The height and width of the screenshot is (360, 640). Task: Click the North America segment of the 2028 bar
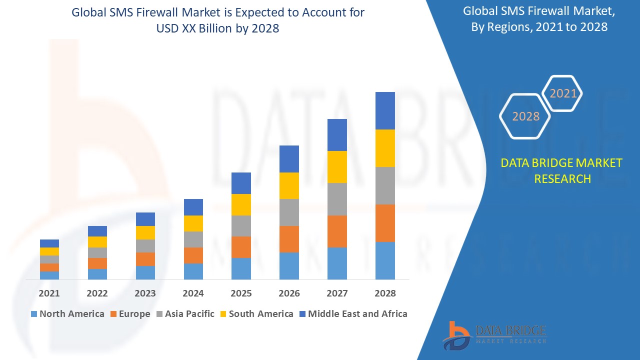click(x=385, y=260)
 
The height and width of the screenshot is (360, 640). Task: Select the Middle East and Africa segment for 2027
click(x=337, y=135)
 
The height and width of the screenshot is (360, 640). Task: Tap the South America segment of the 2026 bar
click(x=289, y=185)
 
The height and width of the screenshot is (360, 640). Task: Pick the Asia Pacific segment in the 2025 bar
click(x=241, y=226)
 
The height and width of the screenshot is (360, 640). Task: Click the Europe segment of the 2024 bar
click(x=193, y=255)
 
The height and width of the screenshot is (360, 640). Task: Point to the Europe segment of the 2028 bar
click(x=385, y=223)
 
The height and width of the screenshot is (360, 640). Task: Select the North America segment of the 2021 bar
click(x=49, y=275)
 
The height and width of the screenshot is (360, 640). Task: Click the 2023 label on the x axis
click(x=145, y=293)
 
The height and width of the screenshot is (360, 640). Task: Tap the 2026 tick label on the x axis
click(x=289, y=293)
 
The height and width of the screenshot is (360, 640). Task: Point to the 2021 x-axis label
click(x=49, y=293)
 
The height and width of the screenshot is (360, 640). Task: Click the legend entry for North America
click(x=67, y=314)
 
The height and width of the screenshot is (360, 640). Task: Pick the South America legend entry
click(x=256, y=314)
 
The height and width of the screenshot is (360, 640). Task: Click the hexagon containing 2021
click(x=562, y=93)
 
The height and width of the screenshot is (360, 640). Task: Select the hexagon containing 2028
click(x=525, y=116)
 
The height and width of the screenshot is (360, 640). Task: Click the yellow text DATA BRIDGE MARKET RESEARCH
click(x=562, y=170)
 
